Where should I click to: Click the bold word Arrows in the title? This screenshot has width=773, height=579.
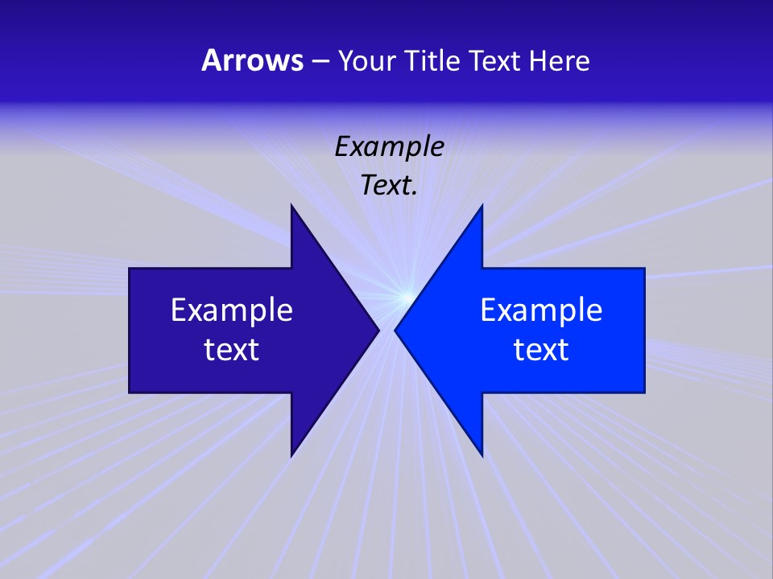click(251, 60)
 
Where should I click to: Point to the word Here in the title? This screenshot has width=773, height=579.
click(560, 60)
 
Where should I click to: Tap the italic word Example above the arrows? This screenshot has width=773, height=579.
click(390, 147)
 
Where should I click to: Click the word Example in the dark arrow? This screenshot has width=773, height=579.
click(232, 310)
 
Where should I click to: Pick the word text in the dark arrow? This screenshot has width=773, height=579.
click(232, 349)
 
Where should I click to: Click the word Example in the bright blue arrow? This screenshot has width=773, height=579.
click(541, 310)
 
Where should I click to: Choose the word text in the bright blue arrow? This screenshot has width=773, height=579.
click(541, 349)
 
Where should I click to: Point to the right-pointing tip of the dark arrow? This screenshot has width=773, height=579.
click(378, 330)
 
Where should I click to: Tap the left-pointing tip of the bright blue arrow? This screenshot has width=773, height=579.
click(395, 330)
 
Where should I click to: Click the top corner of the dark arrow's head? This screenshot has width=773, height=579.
click(291, 206)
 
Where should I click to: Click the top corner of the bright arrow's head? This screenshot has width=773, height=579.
click(482, 206)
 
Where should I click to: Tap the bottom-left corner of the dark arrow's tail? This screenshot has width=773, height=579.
click(130, 392)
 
